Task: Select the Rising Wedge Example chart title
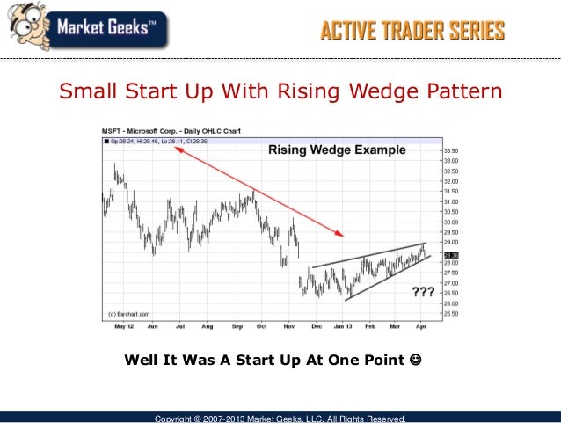337,150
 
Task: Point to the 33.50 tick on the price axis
450,150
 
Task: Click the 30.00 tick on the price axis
450,222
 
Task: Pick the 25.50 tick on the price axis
450,314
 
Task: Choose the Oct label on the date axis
261,325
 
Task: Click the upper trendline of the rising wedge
369,255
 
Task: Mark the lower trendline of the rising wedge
387,279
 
